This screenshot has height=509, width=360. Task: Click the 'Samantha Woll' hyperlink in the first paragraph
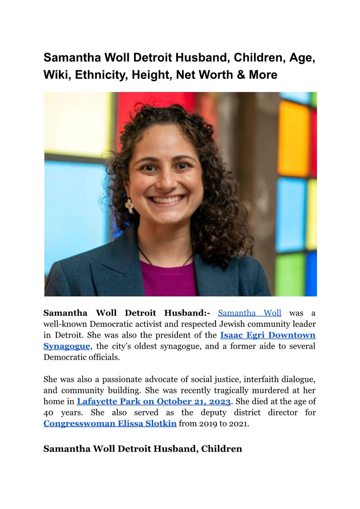tap(250, 313)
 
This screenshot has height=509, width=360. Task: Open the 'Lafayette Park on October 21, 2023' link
tap(154, 402)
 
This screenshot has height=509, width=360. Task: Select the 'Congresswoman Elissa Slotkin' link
tap(110, 424)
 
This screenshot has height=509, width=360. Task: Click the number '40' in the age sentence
tap(48, 413)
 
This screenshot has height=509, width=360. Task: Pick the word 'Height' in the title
tap(150, 75)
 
